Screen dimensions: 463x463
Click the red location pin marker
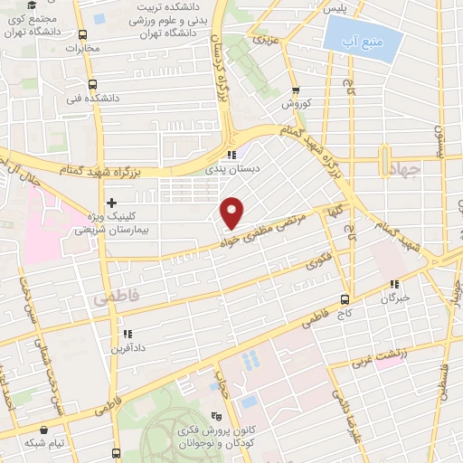pyautogui.click(x=232, y=212)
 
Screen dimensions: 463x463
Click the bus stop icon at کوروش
pyautogui.click(x=296, y=91)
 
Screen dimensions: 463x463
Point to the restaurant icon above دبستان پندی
pyautogui.click(x=233, y=154)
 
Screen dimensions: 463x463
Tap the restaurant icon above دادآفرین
pyautogui.click(x=127, y=334)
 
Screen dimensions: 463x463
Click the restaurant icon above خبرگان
pyautogui.click(x=394, y=284)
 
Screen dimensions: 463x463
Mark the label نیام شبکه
pyautogui.click(x=45, y=442)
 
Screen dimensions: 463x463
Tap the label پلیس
pyautogui.click(x=335, y=8)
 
